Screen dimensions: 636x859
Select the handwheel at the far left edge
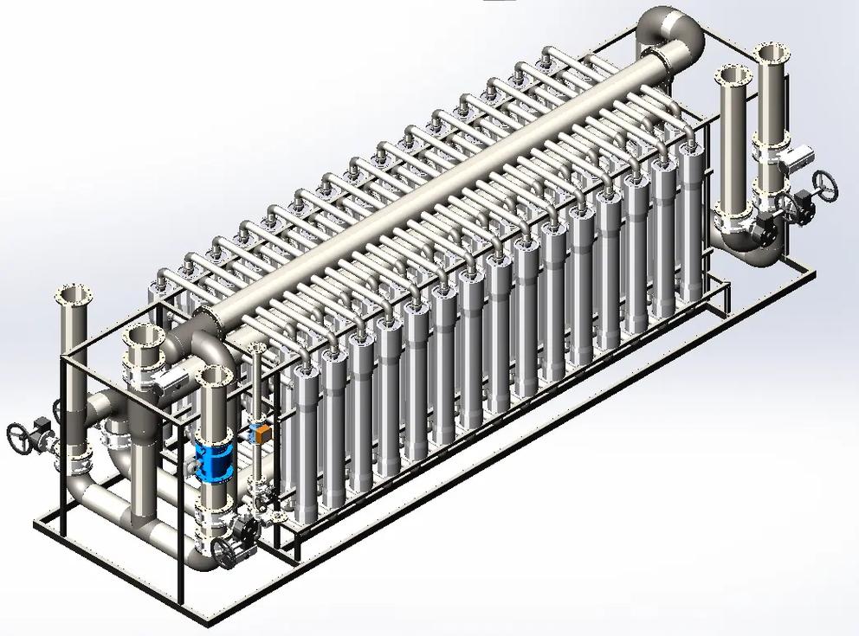point(20,436)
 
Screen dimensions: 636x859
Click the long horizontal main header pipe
point(433,190)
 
